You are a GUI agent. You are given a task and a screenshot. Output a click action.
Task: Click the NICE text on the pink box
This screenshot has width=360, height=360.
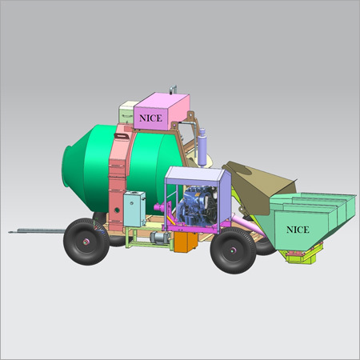[150, 118]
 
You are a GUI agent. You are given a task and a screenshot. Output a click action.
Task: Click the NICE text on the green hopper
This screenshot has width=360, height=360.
[298, 230]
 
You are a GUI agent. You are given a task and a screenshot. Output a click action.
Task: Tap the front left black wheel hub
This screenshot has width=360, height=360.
[86, 242]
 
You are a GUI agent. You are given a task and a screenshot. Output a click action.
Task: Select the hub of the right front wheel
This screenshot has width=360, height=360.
[233, 250]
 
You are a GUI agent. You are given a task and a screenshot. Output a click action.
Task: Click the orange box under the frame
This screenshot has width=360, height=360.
[186, 242]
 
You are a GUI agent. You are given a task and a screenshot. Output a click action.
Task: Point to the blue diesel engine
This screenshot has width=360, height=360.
[197, 206]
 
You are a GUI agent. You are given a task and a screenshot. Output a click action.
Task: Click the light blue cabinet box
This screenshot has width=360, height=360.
[134, 209]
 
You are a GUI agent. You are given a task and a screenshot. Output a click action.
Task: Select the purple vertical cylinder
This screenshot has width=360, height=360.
[202, 147]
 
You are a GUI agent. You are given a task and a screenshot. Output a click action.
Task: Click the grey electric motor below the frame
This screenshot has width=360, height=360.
[160, 238]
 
